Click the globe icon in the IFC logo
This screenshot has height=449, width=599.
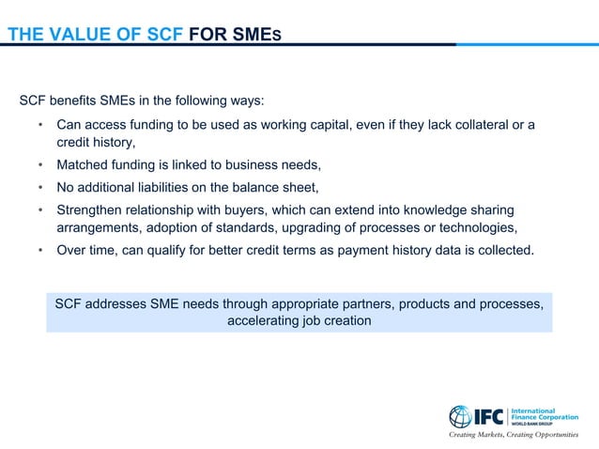(461, 416)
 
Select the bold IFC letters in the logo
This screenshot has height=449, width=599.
(492, 416)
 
